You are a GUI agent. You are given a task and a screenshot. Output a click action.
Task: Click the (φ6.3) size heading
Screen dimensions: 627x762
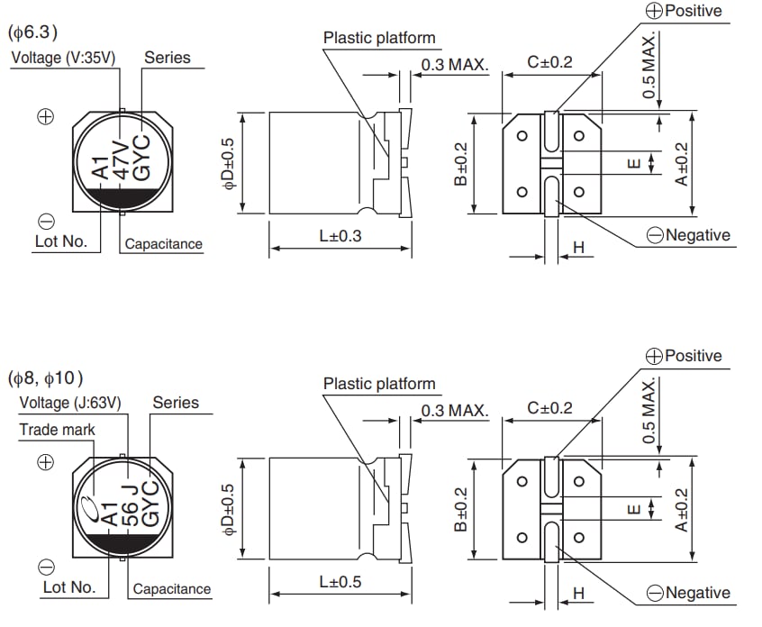pyautogui.click(x=33, y=33)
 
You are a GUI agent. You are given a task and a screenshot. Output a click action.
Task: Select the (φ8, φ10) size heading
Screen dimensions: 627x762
pyautogui.click(x=50, y=377)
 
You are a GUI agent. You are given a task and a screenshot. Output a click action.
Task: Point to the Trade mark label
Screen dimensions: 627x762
pyautogui.click(x=57, y=430)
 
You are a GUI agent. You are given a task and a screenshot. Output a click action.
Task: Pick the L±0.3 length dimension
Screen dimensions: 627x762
pyautogui.click(x=340, y=237)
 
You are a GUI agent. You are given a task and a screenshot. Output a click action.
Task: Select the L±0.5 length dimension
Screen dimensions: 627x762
pyautogui.click(x=340, y=582)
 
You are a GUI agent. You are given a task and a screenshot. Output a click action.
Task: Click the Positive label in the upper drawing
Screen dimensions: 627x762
pyautogui.click(x=693, y=11)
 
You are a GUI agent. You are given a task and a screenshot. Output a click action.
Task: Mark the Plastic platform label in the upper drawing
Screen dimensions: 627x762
pyautogui.click(x=379, y=38)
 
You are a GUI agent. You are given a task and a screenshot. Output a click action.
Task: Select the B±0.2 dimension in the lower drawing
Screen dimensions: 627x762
pyautogui.click(x=460, y=508)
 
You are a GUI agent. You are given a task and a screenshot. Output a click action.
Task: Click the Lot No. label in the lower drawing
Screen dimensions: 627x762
pyautogui.click(x=69, y=587)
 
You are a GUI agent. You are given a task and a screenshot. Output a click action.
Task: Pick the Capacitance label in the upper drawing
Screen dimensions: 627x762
pyautogui.click(x=164, y=244)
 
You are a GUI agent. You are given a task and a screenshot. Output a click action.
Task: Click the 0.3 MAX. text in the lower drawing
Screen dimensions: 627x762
pyautogui.click(x=454, y=411)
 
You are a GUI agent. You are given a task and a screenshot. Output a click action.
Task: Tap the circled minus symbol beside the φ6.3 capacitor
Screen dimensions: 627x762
pyautogui.click(x=47, y=222)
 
